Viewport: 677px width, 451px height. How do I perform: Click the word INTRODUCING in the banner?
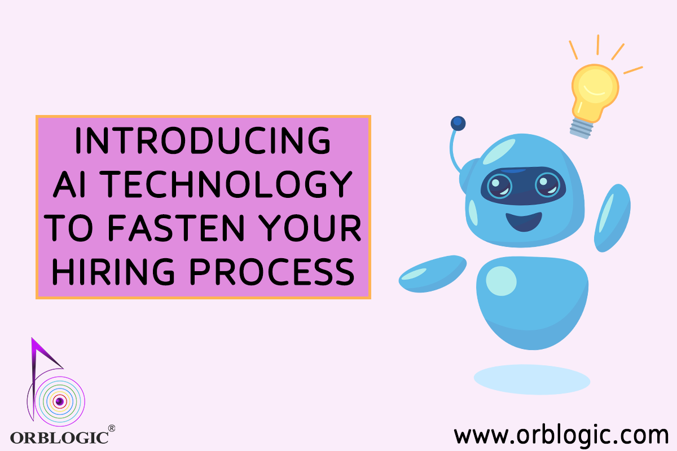(203, 140)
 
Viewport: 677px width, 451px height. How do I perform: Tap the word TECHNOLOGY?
(226, 184)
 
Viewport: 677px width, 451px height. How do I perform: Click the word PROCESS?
(272, 271)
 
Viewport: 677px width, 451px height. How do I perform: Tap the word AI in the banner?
(69, 184)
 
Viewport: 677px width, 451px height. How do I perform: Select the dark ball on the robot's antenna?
(458, 123)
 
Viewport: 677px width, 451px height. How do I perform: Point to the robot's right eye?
(547, 184)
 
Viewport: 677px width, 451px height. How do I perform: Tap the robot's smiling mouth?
(524, 222)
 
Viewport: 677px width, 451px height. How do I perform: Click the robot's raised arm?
(612, 218)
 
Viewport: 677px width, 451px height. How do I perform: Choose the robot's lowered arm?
(433, 273)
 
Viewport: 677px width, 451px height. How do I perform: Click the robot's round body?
(532, 303)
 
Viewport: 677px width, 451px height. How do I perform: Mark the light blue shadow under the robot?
(532, 379)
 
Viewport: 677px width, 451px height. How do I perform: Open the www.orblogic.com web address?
(561, 435)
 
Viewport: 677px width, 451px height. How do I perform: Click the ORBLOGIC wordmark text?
(59, 437)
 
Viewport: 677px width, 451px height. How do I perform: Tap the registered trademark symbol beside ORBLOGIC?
(112, 428)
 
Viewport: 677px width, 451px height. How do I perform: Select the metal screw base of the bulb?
(581, 129)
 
